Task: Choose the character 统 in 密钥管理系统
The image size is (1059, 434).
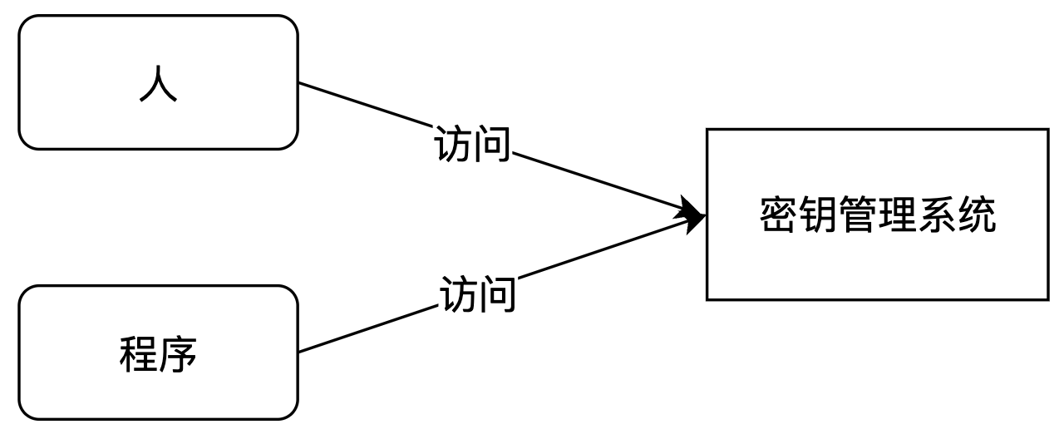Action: point(976,215)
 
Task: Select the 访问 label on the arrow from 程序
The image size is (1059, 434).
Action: point(477,294)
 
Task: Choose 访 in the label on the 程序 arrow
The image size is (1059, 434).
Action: point(459,294)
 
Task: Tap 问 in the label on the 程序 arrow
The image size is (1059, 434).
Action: point(496,294)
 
